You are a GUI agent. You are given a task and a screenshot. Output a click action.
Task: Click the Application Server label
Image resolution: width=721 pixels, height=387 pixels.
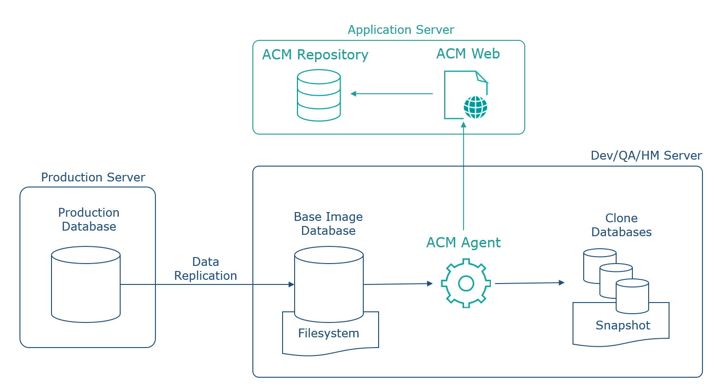(x=401, y=30)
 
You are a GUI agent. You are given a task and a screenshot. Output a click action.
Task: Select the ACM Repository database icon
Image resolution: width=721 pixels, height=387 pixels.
(x=319, y=95)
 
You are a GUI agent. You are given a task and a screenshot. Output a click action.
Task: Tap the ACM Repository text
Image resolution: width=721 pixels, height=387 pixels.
(x=315, y=55)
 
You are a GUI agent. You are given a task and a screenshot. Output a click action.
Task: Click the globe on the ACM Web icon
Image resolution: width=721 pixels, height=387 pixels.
(x=476, y=107)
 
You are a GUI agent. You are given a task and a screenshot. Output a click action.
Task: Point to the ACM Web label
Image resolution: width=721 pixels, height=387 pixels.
(x=468, y=54)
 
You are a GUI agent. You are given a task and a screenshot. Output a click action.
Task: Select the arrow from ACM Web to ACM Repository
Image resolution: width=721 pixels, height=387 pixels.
(x=392, y=94)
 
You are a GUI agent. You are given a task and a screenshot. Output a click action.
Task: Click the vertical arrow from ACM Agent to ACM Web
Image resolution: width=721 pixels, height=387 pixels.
(x=463, y=176)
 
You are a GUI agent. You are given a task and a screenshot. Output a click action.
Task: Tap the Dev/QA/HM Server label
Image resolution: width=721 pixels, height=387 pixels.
(x=646, y=156)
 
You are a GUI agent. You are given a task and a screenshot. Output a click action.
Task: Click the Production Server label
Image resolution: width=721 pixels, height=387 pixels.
(x=93, y=177)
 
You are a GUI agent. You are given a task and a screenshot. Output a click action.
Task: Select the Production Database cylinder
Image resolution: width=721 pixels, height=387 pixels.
(x=86, y=284)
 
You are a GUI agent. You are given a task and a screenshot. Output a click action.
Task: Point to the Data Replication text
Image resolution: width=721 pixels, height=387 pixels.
(x=206, y=269)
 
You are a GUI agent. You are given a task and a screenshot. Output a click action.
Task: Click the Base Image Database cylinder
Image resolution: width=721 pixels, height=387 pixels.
(x=329, y=284)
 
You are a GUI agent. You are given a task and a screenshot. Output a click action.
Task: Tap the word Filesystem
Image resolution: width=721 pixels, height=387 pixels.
(x=328, y=333)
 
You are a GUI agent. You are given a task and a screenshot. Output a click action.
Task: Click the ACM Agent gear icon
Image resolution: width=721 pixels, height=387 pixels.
(x=466, y=283)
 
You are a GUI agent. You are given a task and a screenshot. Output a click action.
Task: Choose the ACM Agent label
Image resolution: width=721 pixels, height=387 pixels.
(x=463, y=243)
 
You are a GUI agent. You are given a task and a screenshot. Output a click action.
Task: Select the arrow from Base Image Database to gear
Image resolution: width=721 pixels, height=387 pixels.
(x=398, y=284)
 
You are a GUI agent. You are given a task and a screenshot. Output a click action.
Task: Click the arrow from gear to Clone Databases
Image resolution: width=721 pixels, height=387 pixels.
(x=530, y=283)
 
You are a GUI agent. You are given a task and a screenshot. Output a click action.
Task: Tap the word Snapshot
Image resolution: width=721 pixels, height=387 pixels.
(x=623, y=325)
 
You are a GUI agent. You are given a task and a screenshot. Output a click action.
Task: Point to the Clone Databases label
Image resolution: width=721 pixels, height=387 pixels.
(x=622, y=225)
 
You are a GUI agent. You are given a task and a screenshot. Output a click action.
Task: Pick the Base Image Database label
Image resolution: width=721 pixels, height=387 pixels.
(x=328, y=224)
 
